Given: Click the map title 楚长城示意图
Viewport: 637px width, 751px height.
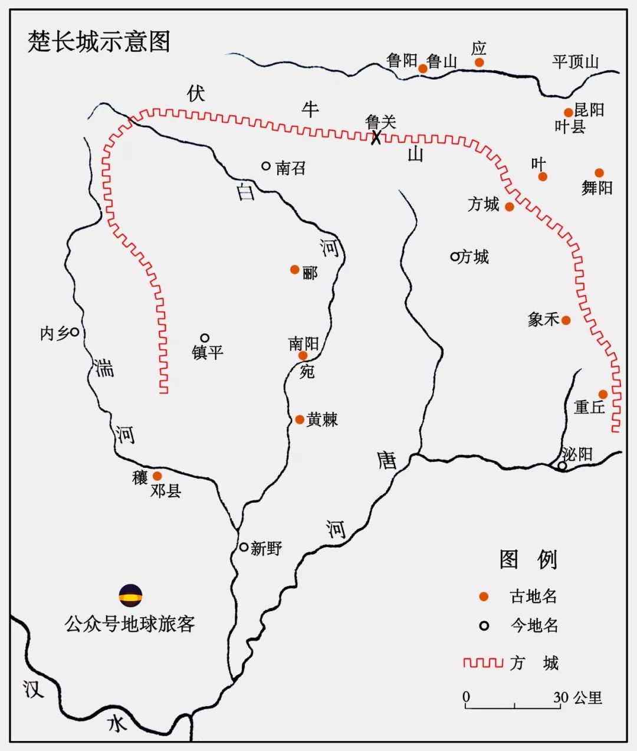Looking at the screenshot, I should coord(98,42).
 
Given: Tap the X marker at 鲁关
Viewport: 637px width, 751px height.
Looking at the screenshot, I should coord(376,138).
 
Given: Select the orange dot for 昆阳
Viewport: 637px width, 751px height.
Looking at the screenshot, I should coord(568,113).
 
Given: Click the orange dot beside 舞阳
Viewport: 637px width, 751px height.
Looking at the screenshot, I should coord(599,173).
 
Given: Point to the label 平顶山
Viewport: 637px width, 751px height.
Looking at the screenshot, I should coord(575,61).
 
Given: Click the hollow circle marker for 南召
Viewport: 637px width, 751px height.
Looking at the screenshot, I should coord(266,166).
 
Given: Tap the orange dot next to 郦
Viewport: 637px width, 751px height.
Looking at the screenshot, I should coord(295,270).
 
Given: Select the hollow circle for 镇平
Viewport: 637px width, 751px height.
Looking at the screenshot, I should coord(205,338).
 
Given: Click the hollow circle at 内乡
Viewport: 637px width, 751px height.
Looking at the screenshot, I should coord(75,332).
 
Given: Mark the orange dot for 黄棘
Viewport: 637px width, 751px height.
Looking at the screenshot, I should coord(300,419).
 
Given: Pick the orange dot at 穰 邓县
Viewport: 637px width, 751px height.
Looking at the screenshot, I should coord(157,475).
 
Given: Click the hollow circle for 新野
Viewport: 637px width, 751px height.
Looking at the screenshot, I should coord(244,547).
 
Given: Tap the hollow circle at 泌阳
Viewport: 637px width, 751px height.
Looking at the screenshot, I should coord(563,465).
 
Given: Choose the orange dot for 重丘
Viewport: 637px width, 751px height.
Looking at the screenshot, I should coord(603,394).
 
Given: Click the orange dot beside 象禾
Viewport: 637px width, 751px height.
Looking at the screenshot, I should coord(566,320).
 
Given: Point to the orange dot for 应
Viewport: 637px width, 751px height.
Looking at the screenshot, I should coord(480,63).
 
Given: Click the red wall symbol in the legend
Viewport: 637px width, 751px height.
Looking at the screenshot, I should coord(483,663).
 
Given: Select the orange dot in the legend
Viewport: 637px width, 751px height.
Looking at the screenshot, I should coord(484,596).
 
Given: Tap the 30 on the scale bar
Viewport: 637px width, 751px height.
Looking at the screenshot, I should coord(560,697).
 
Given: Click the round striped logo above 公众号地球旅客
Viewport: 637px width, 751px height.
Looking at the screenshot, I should coord(130,596).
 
